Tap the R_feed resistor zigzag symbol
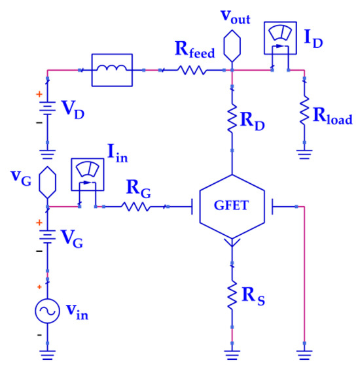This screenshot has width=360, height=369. click(x=192, y=68)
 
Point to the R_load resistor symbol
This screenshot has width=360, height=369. click(x=304, y=111)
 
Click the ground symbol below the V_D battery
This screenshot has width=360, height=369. click(x=46, y=156)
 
